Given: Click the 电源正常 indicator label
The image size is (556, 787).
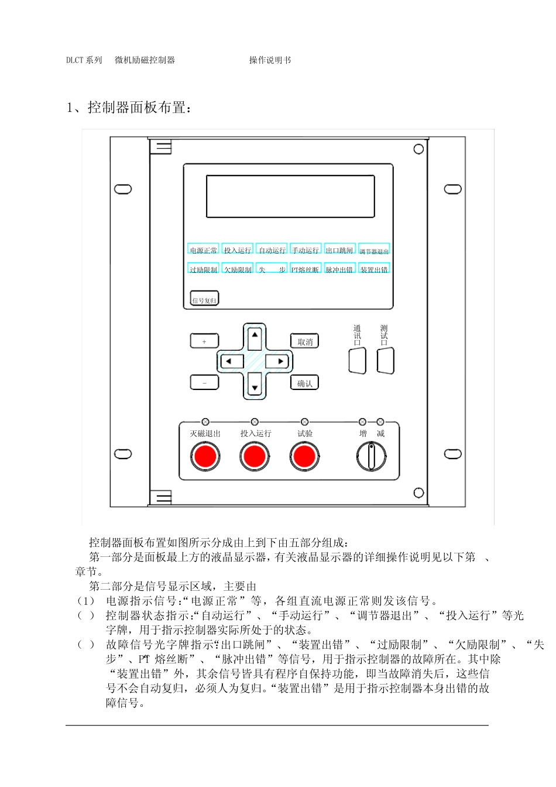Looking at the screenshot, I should [x=203, y=250].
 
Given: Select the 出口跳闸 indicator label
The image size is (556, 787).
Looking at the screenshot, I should [x=339, y=250].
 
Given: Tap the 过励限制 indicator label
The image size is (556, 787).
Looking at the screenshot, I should [x=203, y=269].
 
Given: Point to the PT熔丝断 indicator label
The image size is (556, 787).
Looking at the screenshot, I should [x=306, y=269].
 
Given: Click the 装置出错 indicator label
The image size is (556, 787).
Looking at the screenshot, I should [x=374, y=269].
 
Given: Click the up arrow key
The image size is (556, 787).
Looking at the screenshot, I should [x=255, y=337].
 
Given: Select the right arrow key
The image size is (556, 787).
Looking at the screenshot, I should [x=279, y=361].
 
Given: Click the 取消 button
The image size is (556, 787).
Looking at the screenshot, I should [x=305, y=341].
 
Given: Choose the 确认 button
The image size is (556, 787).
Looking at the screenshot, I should [x=305, y=383].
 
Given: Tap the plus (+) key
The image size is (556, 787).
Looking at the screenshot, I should [x=204, y=341].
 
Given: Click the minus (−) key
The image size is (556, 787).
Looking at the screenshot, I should [x=204, y=382].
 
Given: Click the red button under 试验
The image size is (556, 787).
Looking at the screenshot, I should [x=304, y=456].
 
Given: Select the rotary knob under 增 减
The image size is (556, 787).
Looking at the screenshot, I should [x=371, y=456].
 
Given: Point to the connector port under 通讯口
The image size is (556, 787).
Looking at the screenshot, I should [x=357, y=361].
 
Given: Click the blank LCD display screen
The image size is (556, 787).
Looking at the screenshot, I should [x=290, y=197].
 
